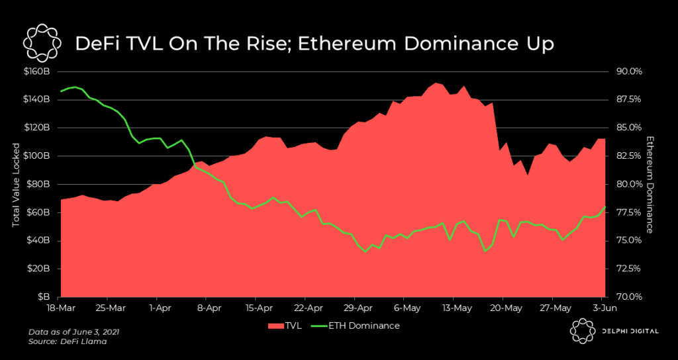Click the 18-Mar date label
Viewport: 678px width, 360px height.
click(60, 308)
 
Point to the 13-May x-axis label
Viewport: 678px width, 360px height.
click(457, 308)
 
